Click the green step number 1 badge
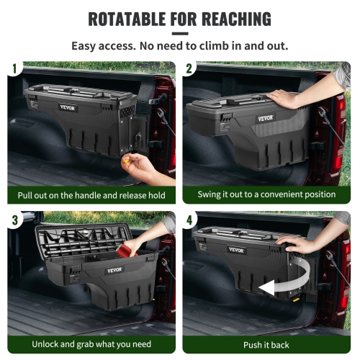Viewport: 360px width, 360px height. [x=12, y=69]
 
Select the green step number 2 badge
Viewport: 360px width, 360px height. [x=189, y=69]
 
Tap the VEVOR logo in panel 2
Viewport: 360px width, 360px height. [x=268, y=117]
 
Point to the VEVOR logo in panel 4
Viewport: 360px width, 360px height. [x=236, y=250]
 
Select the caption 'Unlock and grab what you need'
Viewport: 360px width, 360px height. [x=90, y=344]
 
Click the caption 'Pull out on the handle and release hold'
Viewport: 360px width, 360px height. [x=91, y=195]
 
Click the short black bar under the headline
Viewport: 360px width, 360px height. [x=180, y=33]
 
